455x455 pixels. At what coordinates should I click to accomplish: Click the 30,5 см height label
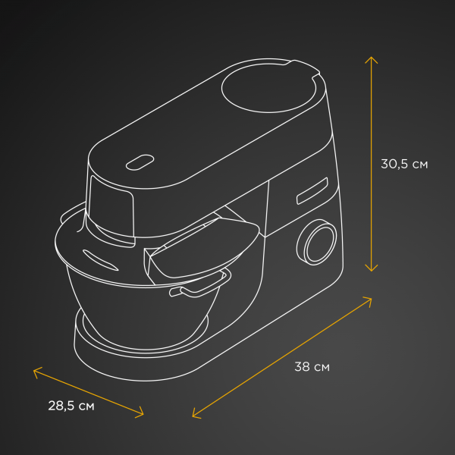tap(404, 164)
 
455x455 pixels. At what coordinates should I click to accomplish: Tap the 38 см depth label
tap(312, 367)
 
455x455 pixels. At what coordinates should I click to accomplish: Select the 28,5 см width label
tap(71, 406)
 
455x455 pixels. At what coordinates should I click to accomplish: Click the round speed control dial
tap(317, 242)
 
